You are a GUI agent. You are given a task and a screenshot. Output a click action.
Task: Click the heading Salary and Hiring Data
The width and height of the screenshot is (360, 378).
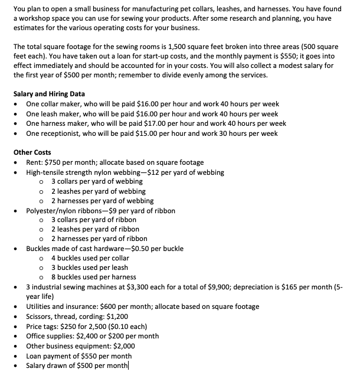[49, 94]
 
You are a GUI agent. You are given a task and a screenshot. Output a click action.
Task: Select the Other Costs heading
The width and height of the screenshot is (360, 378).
[32, 152]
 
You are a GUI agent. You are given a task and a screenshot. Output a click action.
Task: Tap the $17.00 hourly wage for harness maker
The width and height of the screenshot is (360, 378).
[140, 123]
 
